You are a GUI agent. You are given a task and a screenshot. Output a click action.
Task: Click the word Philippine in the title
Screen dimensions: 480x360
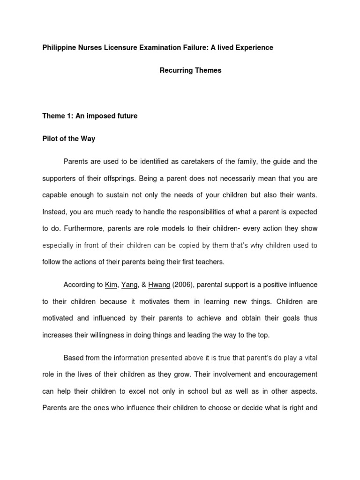pos(59,48)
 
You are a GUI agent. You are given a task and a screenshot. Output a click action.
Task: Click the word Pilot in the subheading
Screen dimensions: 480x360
pos(50,139)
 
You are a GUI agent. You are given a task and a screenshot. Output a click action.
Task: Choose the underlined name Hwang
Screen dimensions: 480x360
pos(158,285)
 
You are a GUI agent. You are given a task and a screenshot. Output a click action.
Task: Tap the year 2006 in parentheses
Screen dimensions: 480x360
pos(181,285)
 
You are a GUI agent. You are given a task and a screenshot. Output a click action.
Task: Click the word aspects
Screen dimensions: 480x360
pos(302,391)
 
